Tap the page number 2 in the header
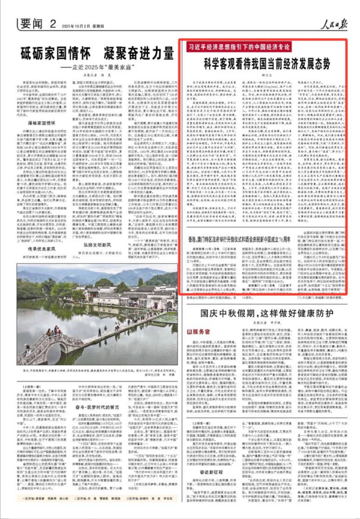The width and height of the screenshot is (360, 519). click(53, 24)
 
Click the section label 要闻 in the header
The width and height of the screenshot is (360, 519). click(31, 24)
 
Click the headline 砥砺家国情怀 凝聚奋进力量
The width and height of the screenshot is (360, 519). click(97, 53)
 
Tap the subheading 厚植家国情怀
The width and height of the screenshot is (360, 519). click(42, 123)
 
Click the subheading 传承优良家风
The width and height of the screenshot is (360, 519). click(42, 249)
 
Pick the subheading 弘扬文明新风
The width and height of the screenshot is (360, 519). click(97, 245)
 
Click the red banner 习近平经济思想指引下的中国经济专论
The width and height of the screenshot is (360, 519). click(239, 47)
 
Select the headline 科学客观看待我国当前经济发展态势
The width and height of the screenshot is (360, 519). click(267, 64)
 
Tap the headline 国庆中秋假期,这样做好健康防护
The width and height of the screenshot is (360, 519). click(267, 313)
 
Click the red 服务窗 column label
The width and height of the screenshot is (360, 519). click(199, 332)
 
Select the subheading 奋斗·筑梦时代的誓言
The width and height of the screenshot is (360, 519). click(97, 407)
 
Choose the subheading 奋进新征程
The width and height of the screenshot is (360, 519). click(211, 472)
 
